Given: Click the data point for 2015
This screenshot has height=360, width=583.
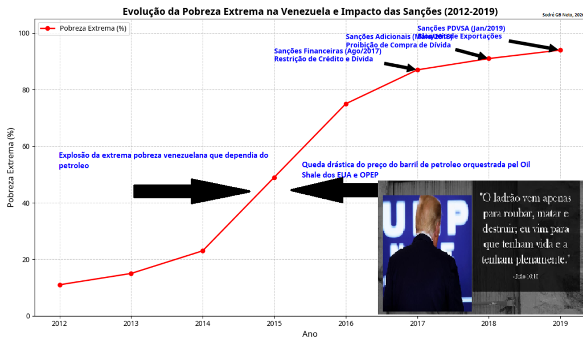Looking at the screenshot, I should pos(274,178).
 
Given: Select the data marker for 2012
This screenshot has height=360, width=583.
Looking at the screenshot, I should pos(60,285).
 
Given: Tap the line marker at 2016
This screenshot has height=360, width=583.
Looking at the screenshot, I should pos(346,104).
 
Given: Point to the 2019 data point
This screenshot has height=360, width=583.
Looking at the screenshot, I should pos(560,50).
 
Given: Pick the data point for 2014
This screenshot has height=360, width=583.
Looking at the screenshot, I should pos(203,251).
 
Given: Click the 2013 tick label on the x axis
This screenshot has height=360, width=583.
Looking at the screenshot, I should pos(131,324).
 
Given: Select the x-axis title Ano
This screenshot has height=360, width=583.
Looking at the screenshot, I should pos(310,334).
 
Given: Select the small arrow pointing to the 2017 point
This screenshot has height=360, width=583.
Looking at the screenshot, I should pos(401,66).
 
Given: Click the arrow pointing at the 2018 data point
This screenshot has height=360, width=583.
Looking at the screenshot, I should pos(471,54).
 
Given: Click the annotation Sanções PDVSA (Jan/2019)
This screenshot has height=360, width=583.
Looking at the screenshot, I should pos(461,28).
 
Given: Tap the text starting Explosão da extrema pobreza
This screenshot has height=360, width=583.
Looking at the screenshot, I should pos(163,160).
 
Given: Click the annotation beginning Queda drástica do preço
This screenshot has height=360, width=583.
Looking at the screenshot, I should pos(416,169).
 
